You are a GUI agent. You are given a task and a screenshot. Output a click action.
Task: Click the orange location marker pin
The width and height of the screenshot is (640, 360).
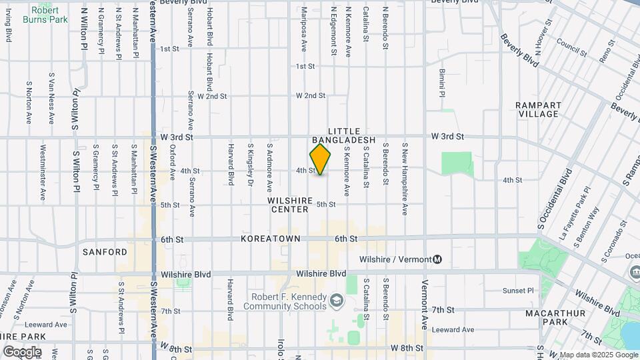click(320, 159)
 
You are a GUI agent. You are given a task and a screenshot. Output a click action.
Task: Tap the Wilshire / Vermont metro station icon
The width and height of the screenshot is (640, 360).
click(438, 259)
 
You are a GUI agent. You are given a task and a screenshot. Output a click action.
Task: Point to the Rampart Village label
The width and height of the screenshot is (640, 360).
click(537, 110)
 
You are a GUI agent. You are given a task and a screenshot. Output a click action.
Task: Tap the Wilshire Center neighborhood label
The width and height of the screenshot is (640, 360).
click(290, 205)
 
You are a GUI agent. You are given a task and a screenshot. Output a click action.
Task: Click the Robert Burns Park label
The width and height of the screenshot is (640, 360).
click(45, 15)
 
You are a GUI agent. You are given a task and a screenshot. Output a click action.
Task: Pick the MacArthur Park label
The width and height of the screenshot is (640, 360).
click(555, 317)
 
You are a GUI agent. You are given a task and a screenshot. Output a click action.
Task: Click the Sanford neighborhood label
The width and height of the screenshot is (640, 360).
click(105, 252)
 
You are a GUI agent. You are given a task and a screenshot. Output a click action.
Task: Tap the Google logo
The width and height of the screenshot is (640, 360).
click(22, 351)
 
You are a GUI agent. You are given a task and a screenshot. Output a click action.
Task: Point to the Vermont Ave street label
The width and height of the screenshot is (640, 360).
click(424, 304)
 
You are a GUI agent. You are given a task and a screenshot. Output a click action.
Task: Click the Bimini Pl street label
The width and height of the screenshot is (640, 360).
click(441, 83)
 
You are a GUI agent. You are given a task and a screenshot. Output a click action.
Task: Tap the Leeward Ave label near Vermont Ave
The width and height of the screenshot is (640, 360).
click(453, 329)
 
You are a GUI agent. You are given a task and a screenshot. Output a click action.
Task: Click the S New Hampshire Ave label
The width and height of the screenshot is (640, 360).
click(405, 178)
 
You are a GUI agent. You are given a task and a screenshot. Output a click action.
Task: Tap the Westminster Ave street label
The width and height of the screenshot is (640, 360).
click(43, 173)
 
